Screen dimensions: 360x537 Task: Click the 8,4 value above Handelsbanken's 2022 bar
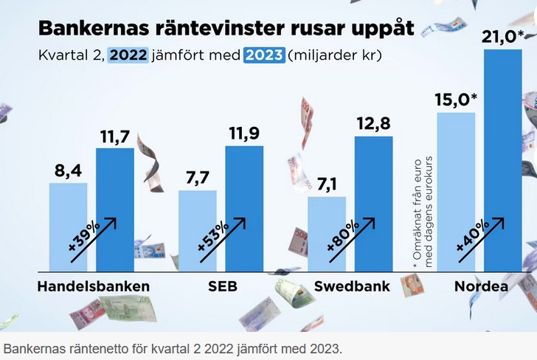click(68, 171)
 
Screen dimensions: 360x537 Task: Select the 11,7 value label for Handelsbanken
click(115, 136)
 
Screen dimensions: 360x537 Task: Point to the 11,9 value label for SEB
click(244, 134)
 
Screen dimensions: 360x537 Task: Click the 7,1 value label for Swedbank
click(326, 184)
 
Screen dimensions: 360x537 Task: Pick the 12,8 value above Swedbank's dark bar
click(373, 124)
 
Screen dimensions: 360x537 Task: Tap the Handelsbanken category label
click(94, 286)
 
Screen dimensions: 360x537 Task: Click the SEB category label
click(223, 286)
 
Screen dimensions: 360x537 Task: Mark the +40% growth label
click(472, 239)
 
